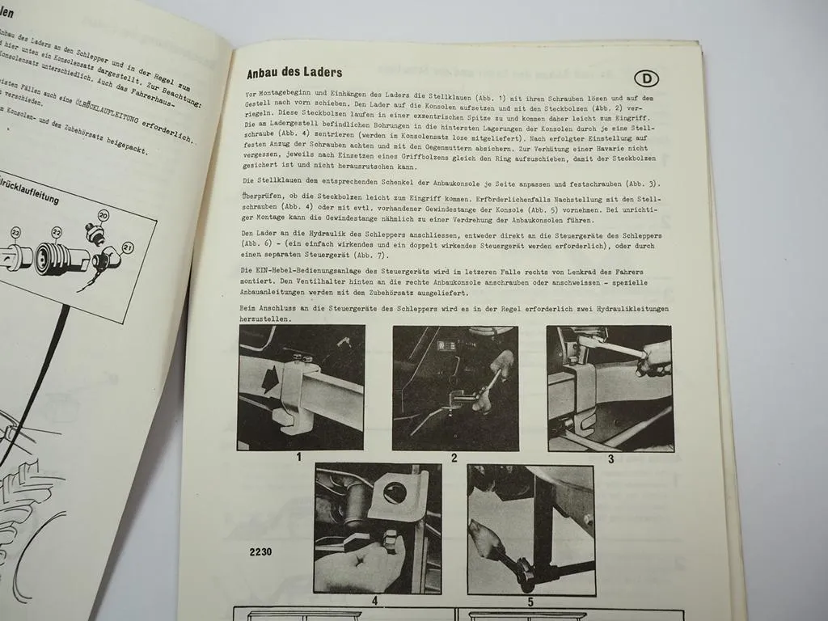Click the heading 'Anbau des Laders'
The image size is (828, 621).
(294, 74)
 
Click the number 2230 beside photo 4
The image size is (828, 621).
(260, 551)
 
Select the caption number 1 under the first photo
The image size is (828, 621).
(298, 457)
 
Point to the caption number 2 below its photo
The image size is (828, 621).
(454, 458)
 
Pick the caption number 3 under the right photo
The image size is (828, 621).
(610, 458)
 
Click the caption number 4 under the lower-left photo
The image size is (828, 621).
(374, 601)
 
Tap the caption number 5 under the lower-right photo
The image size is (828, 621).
(530, 601)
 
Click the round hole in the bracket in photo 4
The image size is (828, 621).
(395, 492)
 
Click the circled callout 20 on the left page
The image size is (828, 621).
(103, 216)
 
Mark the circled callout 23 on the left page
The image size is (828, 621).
(16, 232)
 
